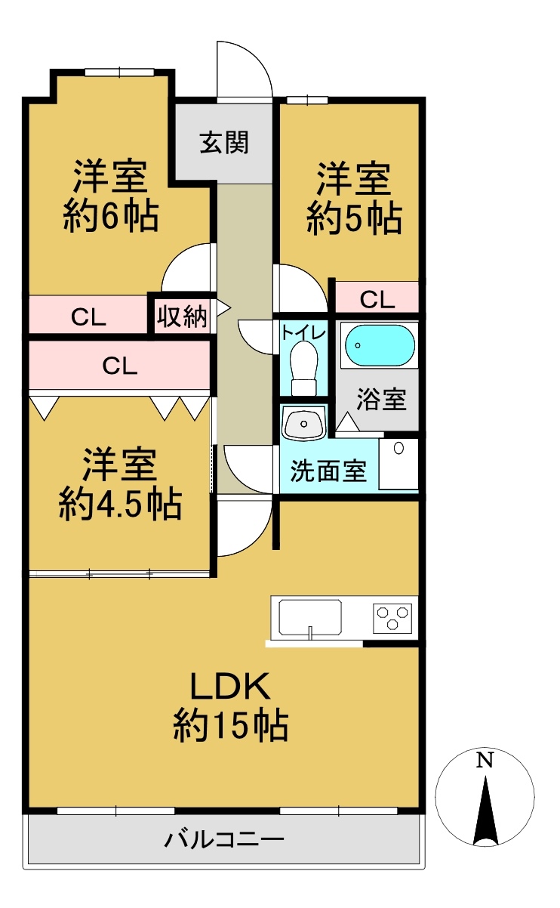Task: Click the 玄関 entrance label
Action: (224, 143)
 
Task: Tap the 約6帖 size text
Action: (110, 217)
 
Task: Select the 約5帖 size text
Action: (354, 219)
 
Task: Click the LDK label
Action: (230, 686)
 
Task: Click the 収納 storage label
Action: (182, 317)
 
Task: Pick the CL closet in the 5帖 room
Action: (377, 300)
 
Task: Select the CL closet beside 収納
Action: (88, 317)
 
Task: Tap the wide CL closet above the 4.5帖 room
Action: (120, 366)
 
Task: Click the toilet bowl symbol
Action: (304, 368)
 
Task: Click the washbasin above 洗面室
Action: (303, 424)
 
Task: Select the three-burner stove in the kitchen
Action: (392, 619)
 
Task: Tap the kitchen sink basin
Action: (310, 617)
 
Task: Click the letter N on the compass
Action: (485, 760)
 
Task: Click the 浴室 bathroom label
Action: (381, 400)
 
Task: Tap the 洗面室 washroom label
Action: (328, 471)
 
